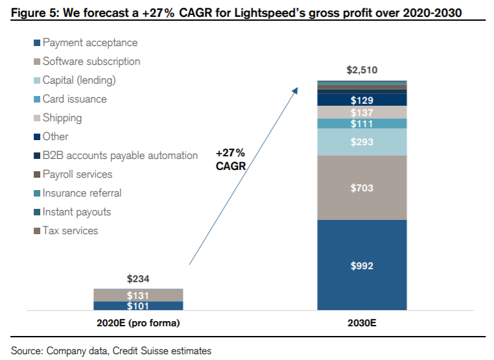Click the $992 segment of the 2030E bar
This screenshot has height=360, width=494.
[x=362, y=265]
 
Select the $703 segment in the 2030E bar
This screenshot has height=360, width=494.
[x=362, y=188]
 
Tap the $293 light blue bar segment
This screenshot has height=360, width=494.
[x=362, y=141]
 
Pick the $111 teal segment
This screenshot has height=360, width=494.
[x=362, y=123]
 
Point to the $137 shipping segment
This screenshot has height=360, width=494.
[x=362, y=112]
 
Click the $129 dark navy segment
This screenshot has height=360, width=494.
[x=362, y=100]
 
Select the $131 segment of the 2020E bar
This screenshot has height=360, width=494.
[x=137, y=295]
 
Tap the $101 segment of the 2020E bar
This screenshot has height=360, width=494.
[x=137, y=306]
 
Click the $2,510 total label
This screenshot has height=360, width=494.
[x=362, y=70]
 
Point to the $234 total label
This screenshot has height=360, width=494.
[x=137, y=279]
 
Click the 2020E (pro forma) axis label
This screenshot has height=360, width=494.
[x=137, y=323]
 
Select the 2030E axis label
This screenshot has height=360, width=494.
[x=362, y=323]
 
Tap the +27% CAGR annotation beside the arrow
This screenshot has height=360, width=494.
[x=230, y=160]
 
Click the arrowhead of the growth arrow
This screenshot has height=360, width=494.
[x=296, y=90]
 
